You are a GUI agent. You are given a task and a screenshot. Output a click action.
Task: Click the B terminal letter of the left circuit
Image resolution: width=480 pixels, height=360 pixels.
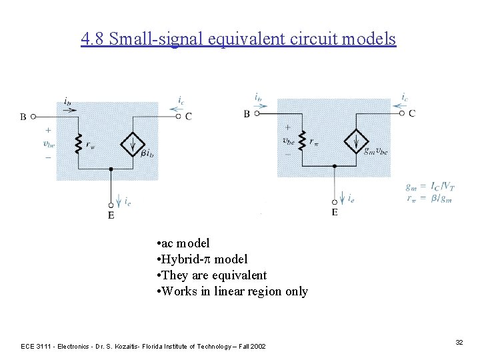[x=23, y=117]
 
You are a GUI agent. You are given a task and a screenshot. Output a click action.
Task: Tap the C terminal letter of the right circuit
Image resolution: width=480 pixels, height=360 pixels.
[x=412, y=114]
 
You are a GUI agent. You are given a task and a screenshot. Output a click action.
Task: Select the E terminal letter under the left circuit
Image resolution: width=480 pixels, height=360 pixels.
[x=111, y=215]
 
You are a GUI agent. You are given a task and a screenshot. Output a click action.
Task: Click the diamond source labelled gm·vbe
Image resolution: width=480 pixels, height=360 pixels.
[x=357, y=141]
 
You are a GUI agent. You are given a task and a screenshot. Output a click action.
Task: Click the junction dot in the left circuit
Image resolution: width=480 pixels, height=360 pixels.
[x=111, y=169]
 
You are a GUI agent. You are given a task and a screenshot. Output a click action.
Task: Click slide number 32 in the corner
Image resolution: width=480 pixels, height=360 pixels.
[x=459, y=342]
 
